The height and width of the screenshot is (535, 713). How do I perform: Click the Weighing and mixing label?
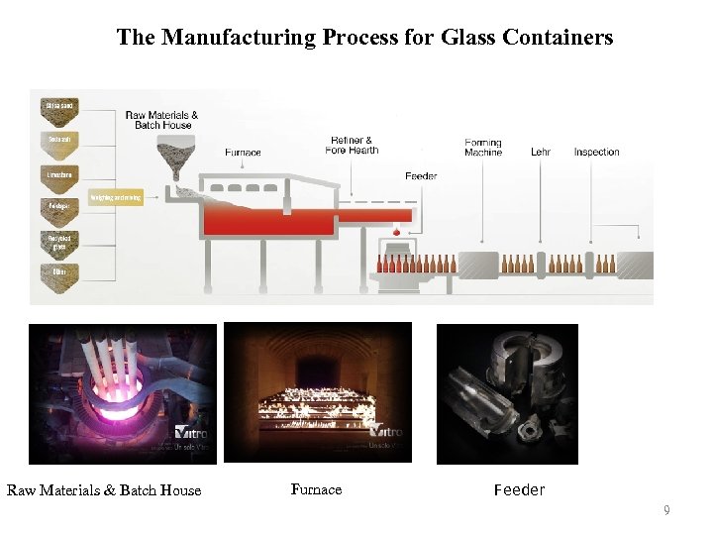[117, 198]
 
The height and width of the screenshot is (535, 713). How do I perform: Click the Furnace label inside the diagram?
[243, 153]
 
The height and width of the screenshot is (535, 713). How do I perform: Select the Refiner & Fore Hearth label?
[352, 146]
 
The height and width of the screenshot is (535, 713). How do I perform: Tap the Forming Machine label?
[483, 148]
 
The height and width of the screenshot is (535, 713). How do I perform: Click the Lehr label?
[541, 153]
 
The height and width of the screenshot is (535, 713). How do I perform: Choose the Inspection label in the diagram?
[596, 153]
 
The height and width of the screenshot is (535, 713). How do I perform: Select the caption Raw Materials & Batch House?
[104, 490]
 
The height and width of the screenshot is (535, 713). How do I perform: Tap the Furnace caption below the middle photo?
[316, 489]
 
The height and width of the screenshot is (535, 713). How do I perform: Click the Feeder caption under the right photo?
[519, 489]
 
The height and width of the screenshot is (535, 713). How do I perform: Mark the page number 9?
[666, 510]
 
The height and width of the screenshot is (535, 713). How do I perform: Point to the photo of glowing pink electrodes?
[122, 393]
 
